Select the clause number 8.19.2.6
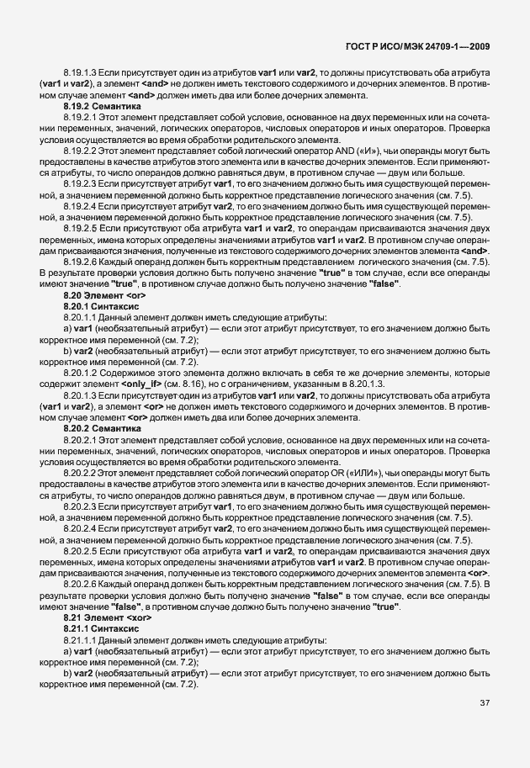pyautogui.click(x=80, y=262)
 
